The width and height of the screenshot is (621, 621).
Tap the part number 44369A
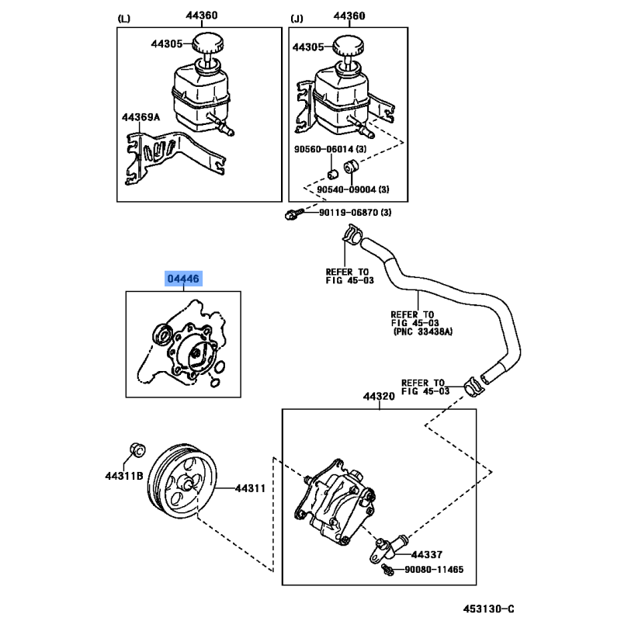point(141,117)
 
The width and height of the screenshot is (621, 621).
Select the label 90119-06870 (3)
point(355,213)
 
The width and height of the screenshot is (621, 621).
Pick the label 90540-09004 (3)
point(353,189)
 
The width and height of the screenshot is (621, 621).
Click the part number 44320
point(379,396)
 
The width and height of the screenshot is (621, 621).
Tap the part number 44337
point(426,554)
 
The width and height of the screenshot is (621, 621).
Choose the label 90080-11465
point(434,570)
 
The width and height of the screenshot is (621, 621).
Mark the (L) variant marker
point(124,18)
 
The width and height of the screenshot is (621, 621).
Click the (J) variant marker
point(297,18)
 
